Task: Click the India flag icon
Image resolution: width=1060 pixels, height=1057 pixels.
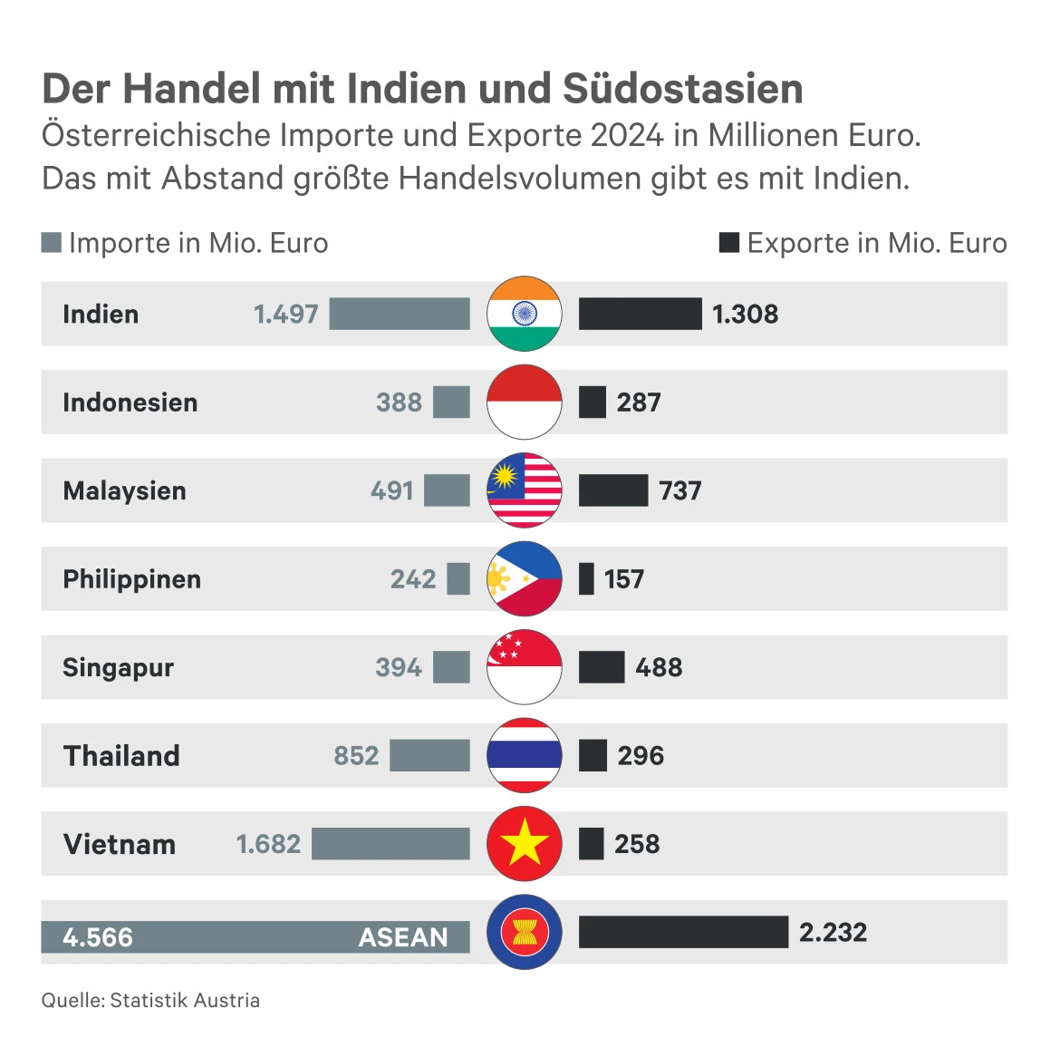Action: (x=525, y=314)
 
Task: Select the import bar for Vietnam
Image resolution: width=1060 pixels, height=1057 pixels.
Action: (x=390, y=843)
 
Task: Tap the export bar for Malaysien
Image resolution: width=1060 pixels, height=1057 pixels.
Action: (x=613, y=490)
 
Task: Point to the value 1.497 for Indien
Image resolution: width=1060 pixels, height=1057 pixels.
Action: (x=285, y=314)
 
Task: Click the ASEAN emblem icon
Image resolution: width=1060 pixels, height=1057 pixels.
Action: (x=525, y=932)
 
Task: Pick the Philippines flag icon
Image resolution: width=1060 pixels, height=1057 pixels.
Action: (x=525, y=578)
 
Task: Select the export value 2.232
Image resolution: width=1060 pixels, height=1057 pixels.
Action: (x=833, y=932)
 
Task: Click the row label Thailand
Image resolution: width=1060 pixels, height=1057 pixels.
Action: (x=121, y=755)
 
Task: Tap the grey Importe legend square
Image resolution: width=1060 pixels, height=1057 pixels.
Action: (x=52, y=243)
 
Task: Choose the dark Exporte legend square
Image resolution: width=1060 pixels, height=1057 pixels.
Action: (x=728, y=243)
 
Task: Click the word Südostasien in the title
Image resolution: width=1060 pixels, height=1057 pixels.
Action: (x=683, y=89)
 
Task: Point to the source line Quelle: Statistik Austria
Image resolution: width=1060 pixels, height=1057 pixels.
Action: (x=150, y=1000)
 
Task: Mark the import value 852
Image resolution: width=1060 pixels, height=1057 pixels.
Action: (x=356, y=755)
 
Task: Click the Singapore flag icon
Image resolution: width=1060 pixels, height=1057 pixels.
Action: (x=525, y=667)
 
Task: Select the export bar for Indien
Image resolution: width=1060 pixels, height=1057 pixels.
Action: (x=640, y=314)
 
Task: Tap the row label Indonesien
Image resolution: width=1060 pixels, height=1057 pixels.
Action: (x=130, y=402)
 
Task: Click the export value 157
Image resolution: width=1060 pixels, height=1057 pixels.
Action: (x=624, y=578)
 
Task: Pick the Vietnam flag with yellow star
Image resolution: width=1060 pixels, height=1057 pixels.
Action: (x=525, y=843)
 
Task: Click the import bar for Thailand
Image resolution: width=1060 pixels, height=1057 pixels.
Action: (x=429, y=755)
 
